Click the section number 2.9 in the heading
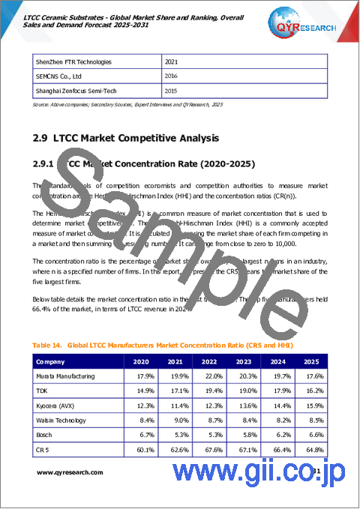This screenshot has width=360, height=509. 41,138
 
